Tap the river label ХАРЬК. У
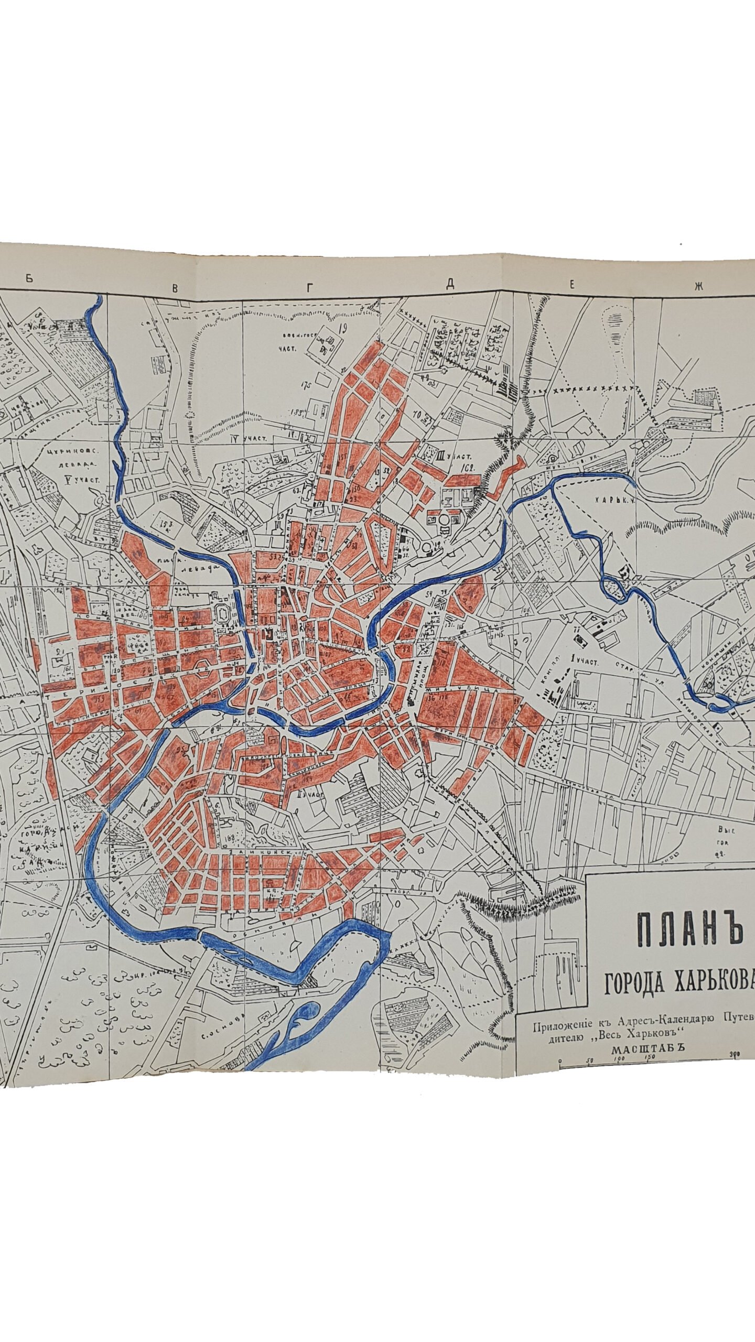(x=613, y=500)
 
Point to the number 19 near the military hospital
(x=343, y=329)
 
